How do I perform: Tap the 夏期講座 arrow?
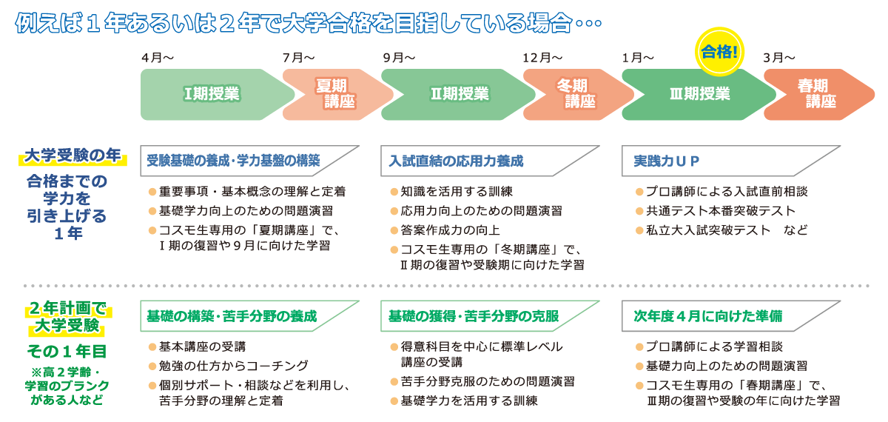(334, 94)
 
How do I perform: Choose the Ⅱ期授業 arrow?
(459, 94)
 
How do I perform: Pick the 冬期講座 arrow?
(574, 94)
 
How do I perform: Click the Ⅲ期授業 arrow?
(699, 94)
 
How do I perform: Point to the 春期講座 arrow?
(818, 94)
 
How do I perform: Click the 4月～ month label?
(158, 58)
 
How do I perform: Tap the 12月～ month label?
(542, 58)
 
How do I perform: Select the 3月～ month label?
(778, 58)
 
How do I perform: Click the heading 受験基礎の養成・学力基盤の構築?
(234, 160)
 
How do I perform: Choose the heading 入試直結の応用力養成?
(456, 160)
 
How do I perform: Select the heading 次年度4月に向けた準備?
(707, 316)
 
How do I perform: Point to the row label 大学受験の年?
(73, 155)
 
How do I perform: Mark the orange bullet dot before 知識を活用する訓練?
(394, 192)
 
